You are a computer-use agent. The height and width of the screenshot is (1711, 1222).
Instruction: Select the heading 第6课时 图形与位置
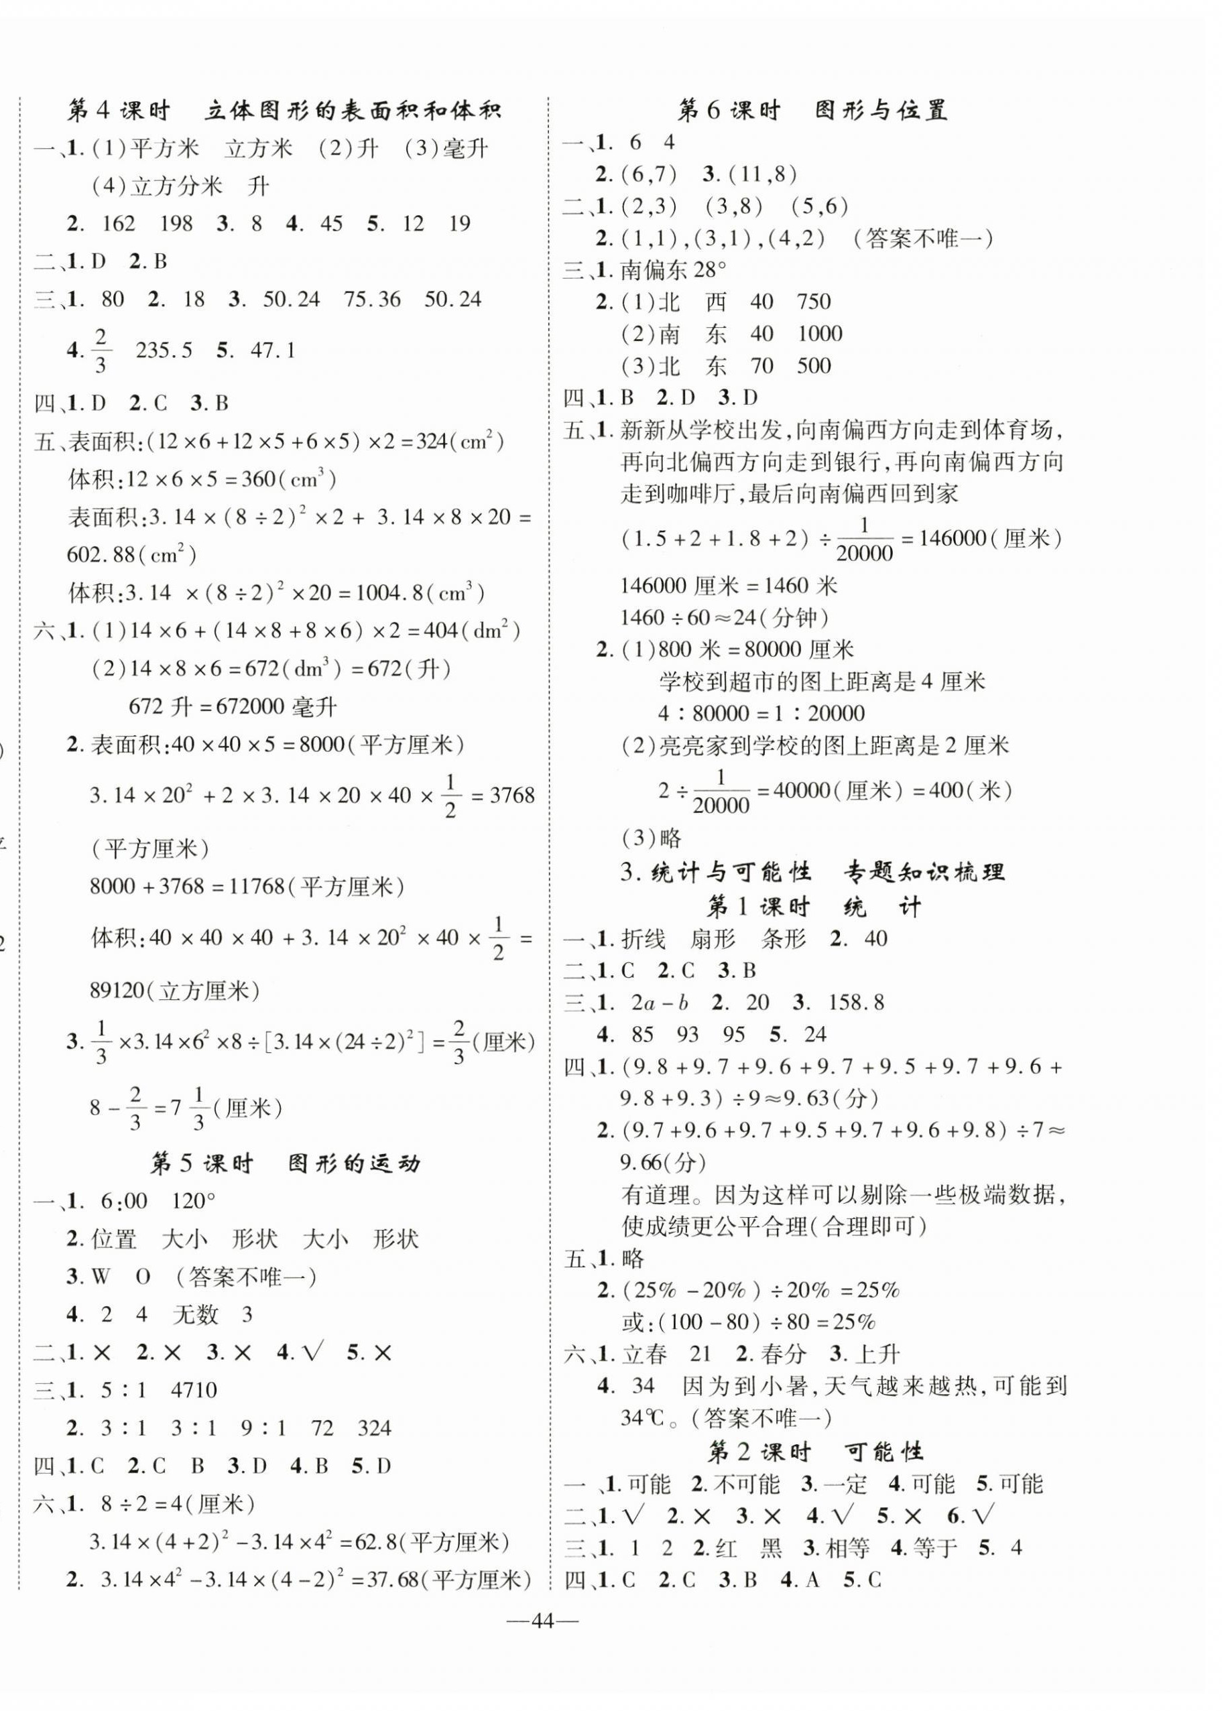click(812, 111)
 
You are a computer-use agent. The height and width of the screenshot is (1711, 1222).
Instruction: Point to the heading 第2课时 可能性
click(815, 1452)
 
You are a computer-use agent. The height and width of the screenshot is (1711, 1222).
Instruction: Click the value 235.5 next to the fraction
click(164, 351)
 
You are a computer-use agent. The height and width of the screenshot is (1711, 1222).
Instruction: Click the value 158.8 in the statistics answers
click(855, 1003)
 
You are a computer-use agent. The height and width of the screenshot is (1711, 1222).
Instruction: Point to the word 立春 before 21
click(644, 1354)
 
